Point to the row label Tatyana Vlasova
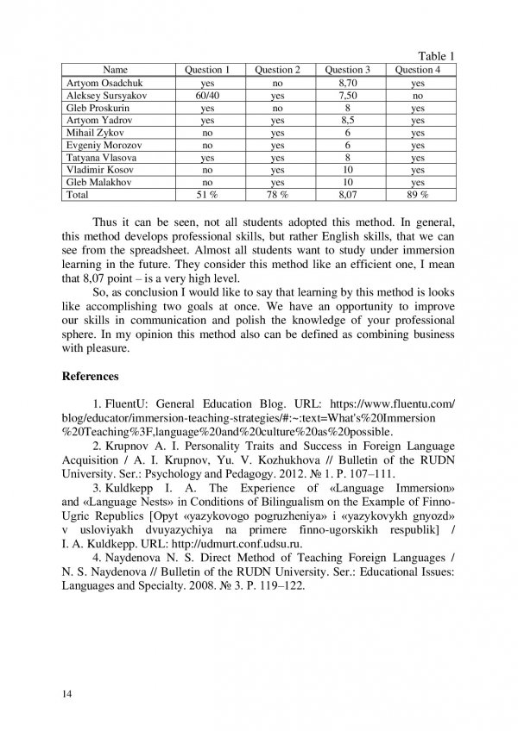click(x=97, y=159)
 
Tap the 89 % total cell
click(x=418, y=197)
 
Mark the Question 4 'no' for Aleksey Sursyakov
click(x=418, y=97)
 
